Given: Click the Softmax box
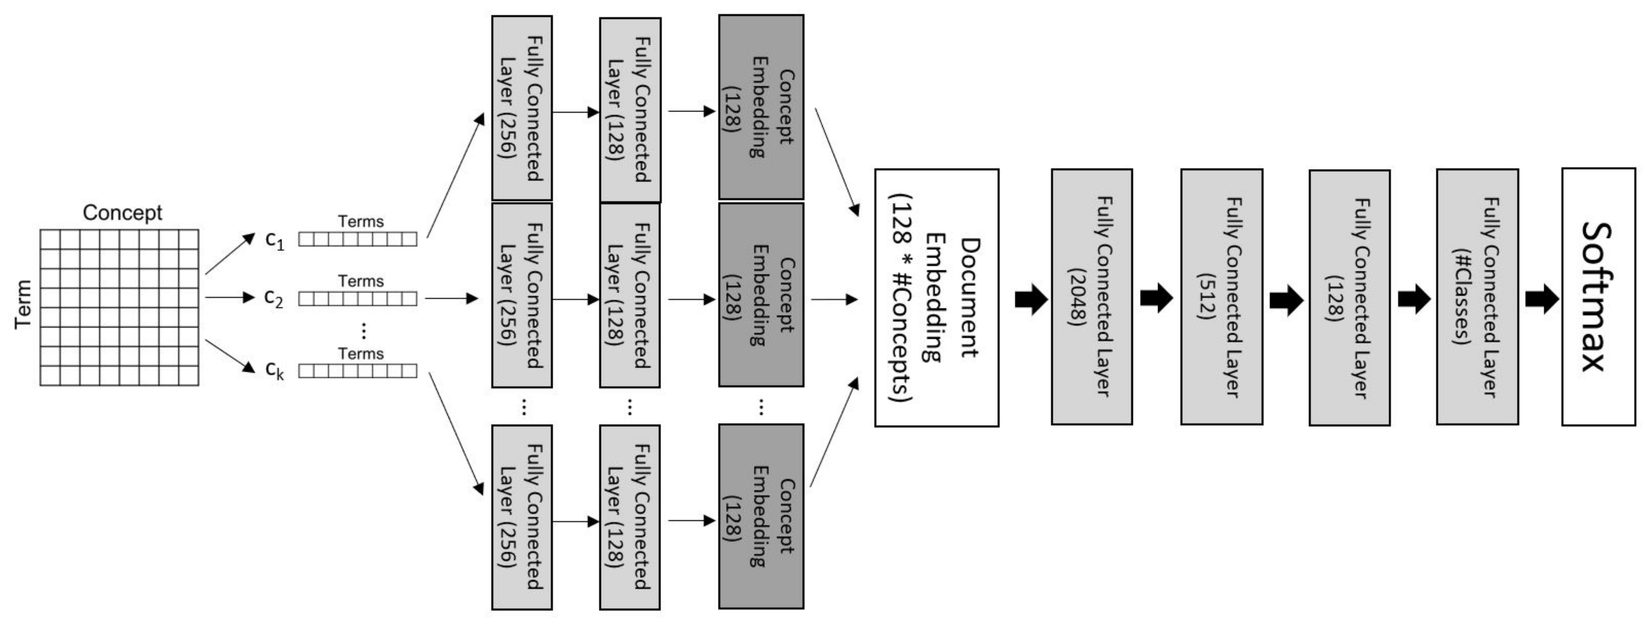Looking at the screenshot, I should click(x=1598, y=297).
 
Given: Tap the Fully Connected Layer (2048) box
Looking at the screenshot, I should click(x=1091, y=297).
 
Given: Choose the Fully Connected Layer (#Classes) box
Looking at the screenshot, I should click(x=1477, y=297).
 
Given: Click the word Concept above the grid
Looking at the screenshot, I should click(x=122, y=212).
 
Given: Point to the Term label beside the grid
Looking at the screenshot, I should click(x=23, y=304).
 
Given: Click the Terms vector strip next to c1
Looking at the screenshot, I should click(x=357, y=239).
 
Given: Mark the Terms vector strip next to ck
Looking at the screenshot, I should click(x=357, y=371).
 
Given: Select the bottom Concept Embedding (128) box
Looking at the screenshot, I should click(x=761, y=516).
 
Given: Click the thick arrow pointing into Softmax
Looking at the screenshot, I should click(x=1542, y=299).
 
